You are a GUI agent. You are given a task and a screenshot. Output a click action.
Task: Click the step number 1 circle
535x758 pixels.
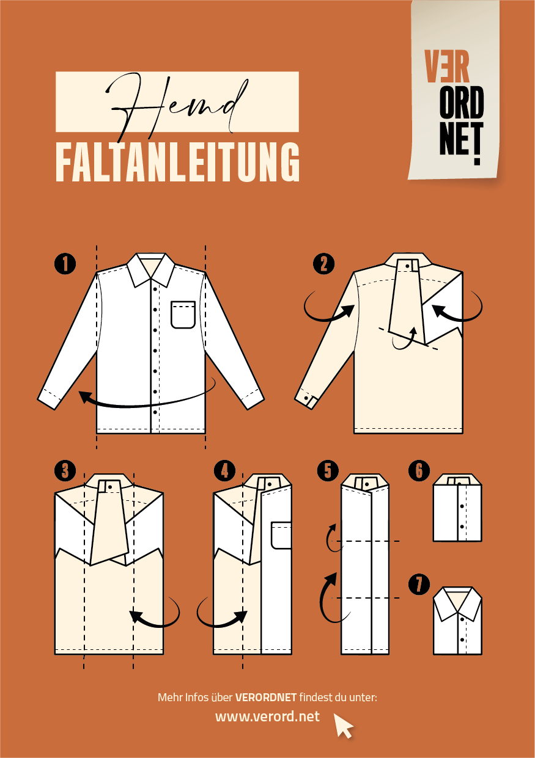(x=65, y=264)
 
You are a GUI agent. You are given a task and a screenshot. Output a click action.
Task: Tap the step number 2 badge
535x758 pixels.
(x=323, y=264)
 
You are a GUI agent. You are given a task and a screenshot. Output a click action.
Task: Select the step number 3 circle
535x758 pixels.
(x=65, y=470)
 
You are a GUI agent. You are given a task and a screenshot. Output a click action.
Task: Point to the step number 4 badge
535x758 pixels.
(x=224, y=470)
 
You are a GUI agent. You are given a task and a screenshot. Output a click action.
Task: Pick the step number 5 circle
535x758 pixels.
(x=328, y=470)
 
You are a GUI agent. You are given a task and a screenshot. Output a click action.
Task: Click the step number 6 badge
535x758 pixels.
(x=419, y=470)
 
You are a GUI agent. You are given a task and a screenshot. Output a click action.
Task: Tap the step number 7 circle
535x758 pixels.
(x=419, y=584)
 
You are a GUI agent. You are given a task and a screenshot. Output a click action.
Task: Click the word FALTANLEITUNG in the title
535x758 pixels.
(x=177, y=162)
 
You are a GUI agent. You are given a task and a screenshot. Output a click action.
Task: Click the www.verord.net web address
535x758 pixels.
(x=267, y=716)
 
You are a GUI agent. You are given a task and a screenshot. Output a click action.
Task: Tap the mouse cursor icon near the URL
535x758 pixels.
(x=343, y=725)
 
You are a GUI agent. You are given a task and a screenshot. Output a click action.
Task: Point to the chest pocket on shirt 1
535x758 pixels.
(x=183, y=315)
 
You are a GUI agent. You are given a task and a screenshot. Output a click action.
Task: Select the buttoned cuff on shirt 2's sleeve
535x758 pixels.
(x=307, y=399)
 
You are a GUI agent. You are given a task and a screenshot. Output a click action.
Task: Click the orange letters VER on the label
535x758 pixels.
(x=447, y=67)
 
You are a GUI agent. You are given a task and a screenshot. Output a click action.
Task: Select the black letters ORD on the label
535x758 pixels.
(x=461, y=102)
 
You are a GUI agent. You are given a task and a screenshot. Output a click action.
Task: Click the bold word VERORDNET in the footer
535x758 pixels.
(x=266, y=698)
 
